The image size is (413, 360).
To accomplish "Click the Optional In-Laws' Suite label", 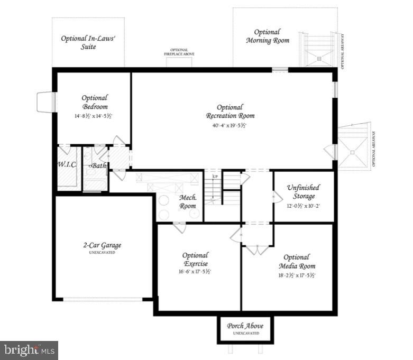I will [88, 42].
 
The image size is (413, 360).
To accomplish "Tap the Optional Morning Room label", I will [268, 36].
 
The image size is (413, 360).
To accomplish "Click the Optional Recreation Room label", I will [230, 112].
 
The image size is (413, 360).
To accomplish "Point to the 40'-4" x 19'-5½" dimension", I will [230, 126].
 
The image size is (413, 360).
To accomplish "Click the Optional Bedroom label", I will [95, 102].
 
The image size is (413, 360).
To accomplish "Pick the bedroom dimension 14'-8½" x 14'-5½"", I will [94, 115].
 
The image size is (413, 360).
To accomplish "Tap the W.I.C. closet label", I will [67, 165].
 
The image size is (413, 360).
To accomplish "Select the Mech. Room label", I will [187, 202].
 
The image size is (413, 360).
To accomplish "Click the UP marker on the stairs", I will [215, 176].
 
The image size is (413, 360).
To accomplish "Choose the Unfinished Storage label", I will [304, 192].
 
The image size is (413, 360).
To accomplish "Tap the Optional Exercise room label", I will [195, 259].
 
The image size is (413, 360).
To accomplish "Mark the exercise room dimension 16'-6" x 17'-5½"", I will [195, 272].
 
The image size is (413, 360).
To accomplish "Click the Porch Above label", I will [245, 326].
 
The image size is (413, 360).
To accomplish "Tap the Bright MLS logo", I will [29, 349].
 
